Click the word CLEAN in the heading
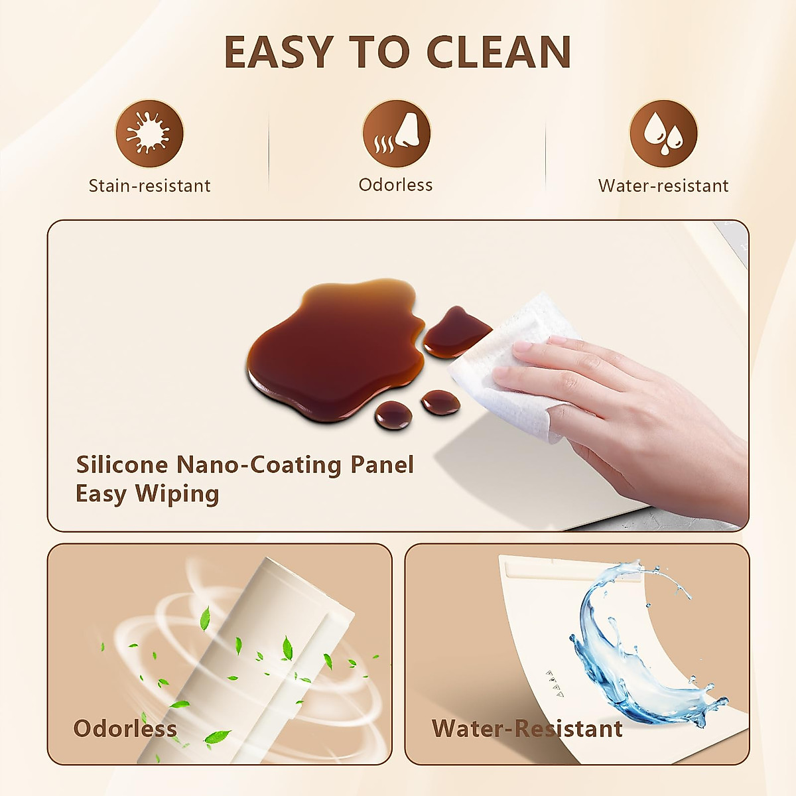tap(498, 52)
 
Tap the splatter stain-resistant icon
tap(149, 133)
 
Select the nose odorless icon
tap(396, 133)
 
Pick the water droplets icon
tap(663, 133)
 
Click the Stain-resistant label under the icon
tap(149, 186)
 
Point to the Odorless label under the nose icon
tap(395, 184)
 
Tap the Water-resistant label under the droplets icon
tap(663, 186)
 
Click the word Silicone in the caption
tap(122, 464)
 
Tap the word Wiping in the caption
tap(177, 494)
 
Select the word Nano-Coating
tap(259, 464)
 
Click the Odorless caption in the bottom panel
tap(125, 728)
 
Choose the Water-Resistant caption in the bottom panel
tap(527, 728)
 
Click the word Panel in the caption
tap(382, 464)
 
